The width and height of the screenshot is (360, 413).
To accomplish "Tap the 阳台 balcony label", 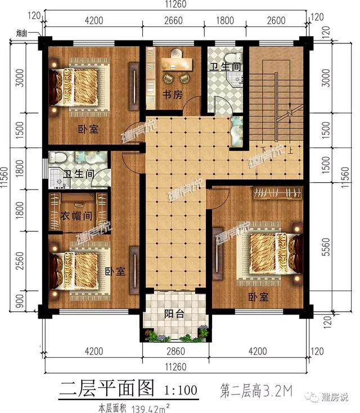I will point(174,315).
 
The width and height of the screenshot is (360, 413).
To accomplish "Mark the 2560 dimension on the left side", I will point(20,263).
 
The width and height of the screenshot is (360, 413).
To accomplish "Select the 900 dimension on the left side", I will point(20,300).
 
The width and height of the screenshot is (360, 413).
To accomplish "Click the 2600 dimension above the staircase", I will point(275,21).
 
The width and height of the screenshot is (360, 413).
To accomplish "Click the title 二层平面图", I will point(107,387).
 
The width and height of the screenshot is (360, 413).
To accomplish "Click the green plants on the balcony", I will point(174,336).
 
